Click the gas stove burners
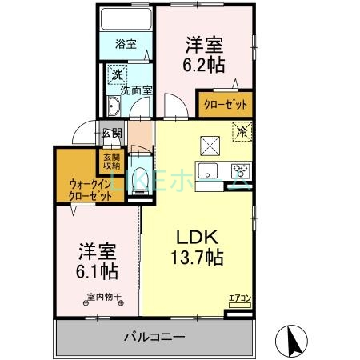[x=240, y=170]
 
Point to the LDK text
[x=196, y=238]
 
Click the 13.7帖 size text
[x=196, y=258]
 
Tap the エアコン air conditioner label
[x=238, y=300]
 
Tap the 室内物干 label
[x=104, y=298]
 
